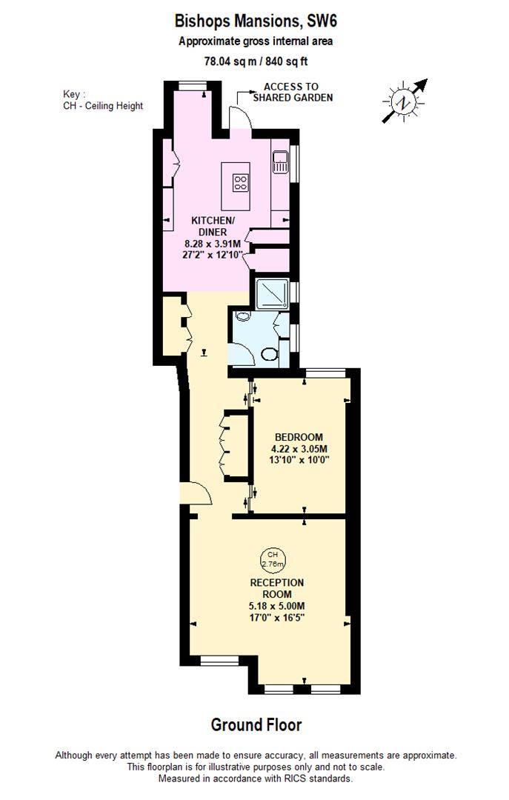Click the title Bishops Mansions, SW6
click(x=255, y=20)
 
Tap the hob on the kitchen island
click(x=241, y=182)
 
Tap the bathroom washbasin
click(x=242, y=318)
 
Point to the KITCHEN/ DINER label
click(x=213, y=226)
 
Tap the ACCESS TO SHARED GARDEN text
click(x=293, y=93)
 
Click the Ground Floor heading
click(x=256, y=724)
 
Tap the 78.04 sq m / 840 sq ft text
click(x=255, y=61)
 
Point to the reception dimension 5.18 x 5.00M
click(x=276, y=606)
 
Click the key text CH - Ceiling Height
click(x=103, y=106)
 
